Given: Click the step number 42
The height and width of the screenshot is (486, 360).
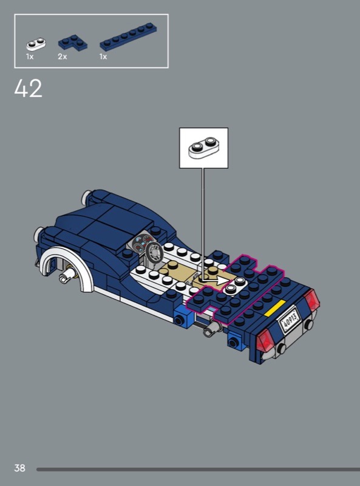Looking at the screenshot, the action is tap(28, 89).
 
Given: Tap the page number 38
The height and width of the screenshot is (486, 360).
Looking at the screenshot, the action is tap(19, 467).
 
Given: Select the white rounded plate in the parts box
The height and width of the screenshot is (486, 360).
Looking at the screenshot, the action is tap(36, 44).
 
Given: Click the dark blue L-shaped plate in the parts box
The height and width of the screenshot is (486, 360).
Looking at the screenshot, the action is tap(73, 43).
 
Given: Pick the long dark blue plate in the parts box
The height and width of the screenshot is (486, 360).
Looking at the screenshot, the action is tap(128, 36).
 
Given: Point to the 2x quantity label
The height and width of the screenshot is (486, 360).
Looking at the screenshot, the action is tap(63, 56).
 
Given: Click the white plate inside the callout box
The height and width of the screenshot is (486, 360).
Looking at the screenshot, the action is tap(203, 148).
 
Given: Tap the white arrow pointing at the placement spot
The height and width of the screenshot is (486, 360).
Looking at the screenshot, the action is tap(216, 281).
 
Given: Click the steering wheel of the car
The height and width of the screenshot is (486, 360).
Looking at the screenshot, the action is tap(154, 252).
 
